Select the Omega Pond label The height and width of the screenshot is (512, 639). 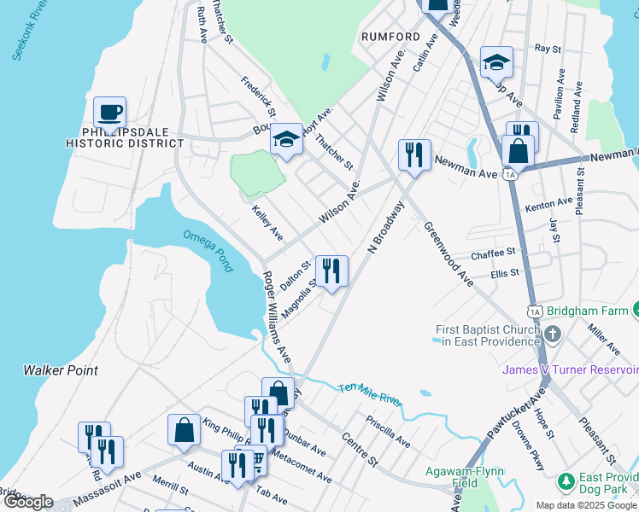pos(208,251)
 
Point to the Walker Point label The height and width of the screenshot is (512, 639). pos(60,370)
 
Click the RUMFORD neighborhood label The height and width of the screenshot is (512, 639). pos(390,37)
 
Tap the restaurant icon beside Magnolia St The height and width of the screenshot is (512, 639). pos(331,272)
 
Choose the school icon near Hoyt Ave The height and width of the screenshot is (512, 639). pos(286,140)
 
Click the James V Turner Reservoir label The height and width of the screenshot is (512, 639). pos(570,369)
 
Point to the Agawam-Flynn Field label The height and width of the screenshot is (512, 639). pos(466,477)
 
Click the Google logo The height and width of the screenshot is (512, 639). pos(28,502)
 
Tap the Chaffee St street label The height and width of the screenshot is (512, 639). pos(494,254)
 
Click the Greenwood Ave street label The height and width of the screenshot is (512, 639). pos(448,254)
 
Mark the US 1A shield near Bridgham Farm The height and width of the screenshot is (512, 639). pos(535,312)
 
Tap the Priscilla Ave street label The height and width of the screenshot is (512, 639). pos(388,432)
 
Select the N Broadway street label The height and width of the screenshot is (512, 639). pos(384,227)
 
